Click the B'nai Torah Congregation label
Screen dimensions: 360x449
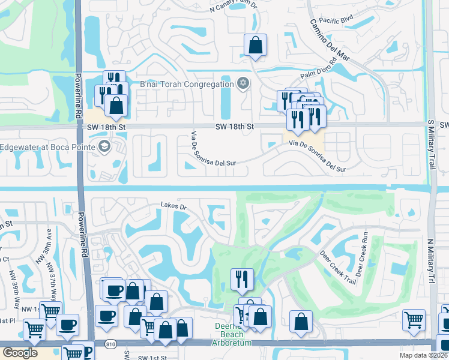187,84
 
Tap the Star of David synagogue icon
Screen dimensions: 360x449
243,83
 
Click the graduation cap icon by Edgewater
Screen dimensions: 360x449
104,146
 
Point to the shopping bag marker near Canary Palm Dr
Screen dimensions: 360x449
255,45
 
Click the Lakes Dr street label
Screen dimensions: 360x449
174,206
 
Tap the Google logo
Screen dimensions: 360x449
20,352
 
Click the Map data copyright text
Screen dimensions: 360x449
423,355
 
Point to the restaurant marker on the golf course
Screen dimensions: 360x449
242,278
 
